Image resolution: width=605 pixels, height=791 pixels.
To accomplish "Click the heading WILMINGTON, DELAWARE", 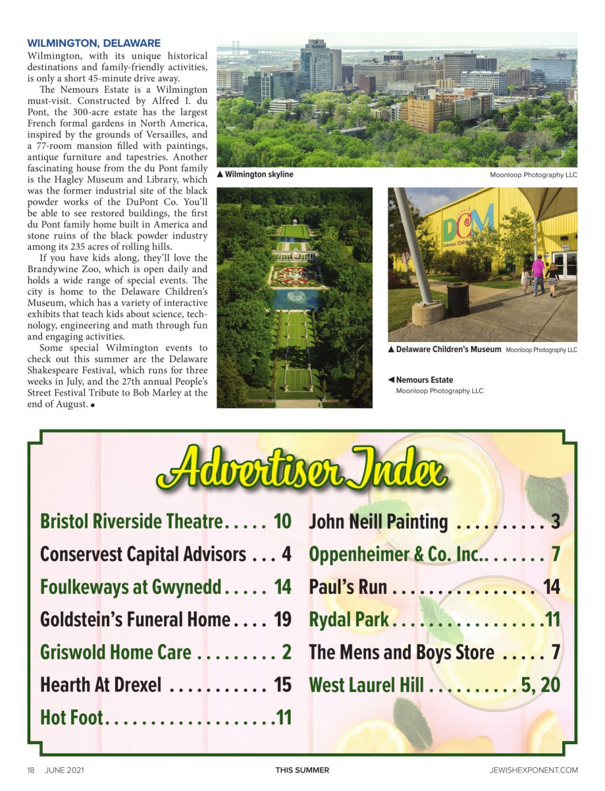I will point(93,44).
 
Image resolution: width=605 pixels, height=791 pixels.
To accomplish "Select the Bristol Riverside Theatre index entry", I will point(131,521).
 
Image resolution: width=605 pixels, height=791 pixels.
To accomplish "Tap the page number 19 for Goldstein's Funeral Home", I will point(282,620).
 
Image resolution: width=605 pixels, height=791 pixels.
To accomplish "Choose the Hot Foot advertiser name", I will point(71,717).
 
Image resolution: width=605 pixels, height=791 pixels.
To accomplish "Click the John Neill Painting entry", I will point(379,522).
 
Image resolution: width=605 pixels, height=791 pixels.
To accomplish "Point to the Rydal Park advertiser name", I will point(349,620).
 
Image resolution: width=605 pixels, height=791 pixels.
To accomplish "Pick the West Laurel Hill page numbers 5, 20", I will point(540,685).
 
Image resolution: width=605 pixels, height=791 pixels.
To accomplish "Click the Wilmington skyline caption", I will point(259,175).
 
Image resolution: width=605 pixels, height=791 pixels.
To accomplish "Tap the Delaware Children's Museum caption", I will point(448,349).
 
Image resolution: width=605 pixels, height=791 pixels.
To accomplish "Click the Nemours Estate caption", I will point(424,380).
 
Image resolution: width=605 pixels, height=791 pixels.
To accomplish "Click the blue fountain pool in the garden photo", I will point(294,297).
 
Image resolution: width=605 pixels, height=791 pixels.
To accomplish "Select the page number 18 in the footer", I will point(31,770).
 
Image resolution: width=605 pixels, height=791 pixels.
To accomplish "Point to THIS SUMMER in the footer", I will point(302,770).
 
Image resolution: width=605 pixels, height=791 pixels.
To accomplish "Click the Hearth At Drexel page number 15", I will point(282,685).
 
